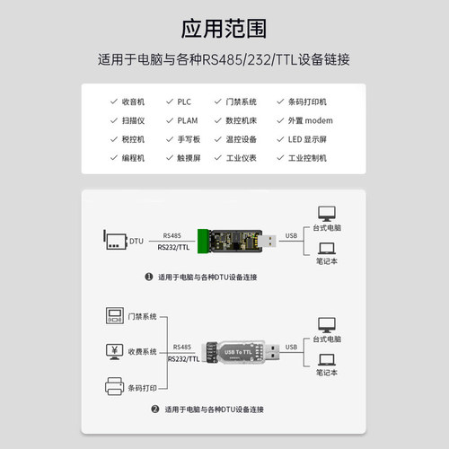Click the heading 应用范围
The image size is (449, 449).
click(224, 29)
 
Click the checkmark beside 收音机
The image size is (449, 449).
click(112, 101)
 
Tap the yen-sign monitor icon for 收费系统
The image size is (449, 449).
click(114, 350)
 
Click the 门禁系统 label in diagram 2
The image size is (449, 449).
click(144, 316)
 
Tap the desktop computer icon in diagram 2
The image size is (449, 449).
click(328, 324)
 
